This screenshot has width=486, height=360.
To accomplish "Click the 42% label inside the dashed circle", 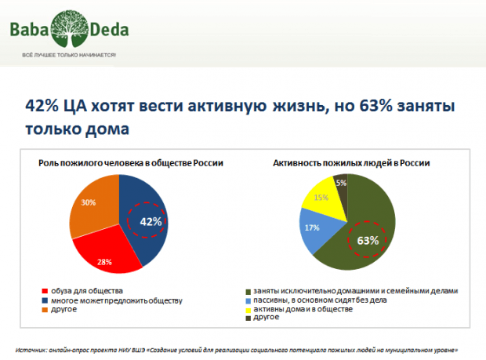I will (x=151, y=221).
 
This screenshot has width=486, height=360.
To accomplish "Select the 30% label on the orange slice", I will (x=88, y=202).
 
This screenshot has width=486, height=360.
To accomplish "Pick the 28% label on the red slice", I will (x=104, y=260).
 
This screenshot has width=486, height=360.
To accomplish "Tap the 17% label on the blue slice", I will (x=311, y=228).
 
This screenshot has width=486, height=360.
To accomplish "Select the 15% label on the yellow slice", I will (x=321, y=198).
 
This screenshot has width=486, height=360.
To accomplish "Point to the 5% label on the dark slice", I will (x=341, y=183).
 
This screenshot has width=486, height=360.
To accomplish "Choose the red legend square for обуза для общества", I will (x=44, y=291).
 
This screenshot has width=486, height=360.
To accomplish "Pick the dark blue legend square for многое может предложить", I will (x=44, y=300).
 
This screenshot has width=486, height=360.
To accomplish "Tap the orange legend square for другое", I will (x=44, y=310).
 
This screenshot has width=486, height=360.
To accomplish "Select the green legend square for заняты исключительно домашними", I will (x=248, y=291).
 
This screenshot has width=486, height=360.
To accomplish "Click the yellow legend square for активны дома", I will (x=248, y=310).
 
